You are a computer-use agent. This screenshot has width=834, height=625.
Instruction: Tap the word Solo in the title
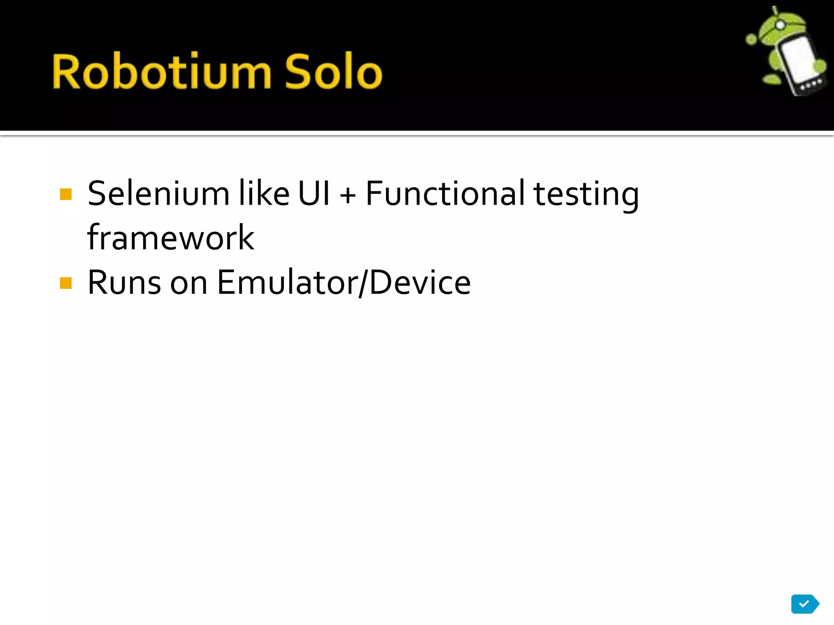pos(333,72)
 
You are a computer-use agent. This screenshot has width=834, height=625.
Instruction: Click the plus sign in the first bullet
pos(348,195)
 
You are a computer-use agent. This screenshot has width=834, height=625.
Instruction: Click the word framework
pos(171,238)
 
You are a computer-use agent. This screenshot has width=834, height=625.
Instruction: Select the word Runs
pos(124,282)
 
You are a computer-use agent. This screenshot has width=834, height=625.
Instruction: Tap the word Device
pos(420,282)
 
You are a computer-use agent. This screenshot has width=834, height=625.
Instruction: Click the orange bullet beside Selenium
pos(66,194)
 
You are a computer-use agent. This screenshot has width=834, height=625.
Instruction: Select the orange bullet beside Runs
pos(66,283)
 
